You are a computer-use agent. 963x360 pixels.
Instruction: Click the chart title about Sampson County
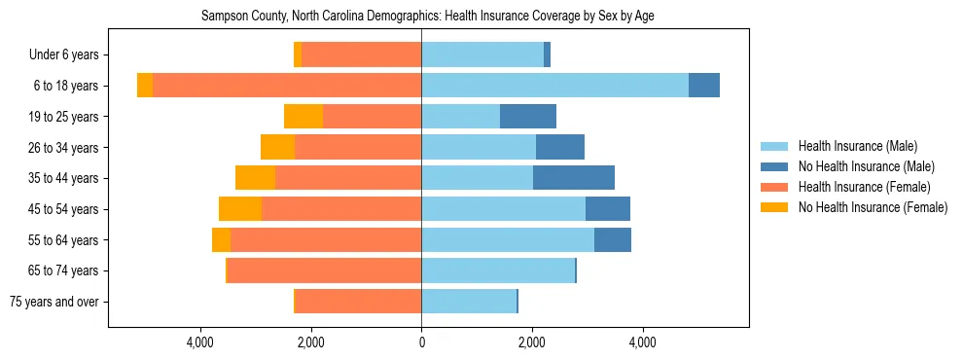(428, 17)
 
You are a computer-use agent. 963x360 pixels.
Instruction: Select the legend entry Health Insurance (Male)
(857, 146)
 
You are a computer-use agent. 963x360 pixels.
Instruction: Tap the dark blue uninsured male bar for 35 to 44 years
(574, 178)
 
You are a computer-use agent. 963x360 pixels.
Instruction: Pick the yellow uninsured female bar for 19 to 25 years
(303, 117)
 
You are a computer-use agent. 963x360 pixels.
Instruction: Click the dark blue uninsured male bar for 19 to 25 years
(528, 117)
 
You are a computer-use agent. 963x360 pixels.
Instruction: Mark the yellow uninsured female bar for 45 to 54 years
(240, 209)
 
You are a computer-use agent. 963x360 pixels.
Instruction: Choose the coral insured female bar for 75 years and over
(358, 302)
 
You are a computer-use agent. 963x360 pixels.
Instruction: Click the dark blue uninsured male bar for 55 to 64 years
(613, 239)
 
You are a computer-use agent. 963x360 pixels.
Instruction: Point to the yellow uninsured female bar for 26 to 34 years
(277, 147)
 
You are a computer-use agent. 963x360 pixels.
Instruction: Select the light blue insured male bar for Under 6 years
(482, 55)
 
